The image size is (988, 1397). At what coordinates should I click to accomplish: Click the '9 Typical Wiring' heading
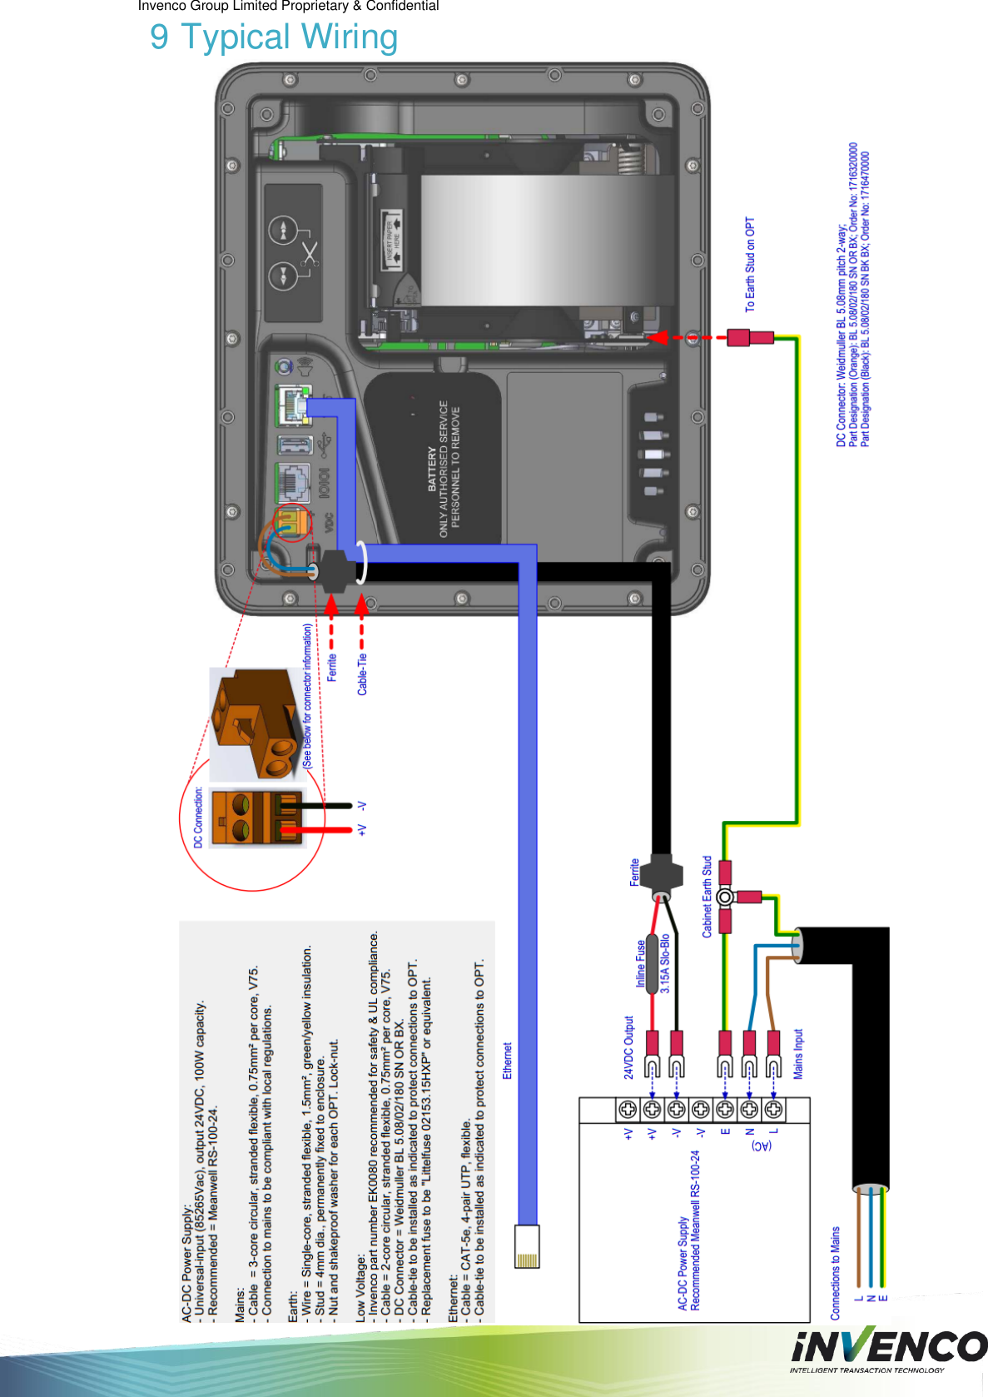coord(274,37)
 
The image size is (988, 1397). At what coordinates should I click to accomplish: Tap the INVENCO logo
coord(888,1347)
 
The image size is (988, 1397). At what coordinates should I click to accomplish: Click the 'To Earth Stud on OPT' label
coord(750,265)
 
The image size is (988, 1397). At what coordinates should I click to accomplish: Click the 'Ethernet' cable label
coord(507,1061)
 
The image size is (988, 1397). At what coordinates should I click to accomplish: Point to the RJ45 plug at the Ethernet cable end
coord(527,1246)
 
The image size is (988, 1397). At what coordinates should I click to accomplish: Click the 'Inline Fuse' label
coord(641,964)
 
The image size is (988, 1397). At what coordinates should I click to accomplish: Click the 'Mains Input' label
coord(797,1054)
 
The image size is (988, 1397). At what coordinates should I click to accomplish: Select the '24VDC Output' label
coord(629,1047)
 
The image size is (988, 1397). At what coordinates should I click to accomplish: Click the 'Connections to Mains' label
coord(835,1272)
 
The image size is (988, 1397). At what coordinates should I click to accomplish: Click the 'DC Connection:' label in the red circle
coord(198,818)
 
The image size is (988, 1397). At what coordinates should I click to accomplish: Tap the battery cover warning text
coord(444,468)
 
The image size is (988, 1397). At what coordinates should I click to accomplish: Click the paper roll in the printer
coord(545,240)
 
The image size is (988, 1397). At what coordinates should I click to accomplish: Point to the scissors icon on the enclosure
coord(310,253)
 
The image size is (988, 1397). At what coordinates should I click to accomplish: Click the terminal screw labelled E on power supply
coord(725,1109)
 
